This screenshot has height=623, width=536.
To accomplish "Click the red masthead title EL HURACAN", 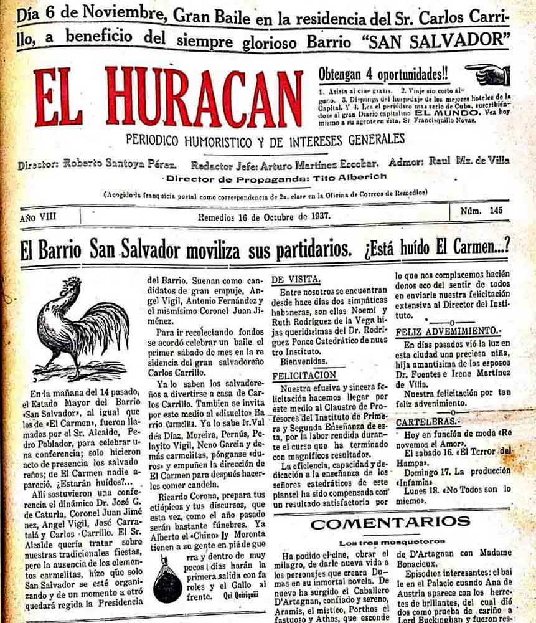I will coord(168,97).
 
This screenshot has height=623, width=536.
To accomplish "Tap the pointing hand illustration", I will coord(488,74).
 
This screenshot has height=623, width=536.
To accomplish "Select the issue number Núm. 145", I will coord(481,211).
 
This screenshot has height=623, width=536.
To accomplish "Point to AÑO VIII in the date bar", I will coord(37,218).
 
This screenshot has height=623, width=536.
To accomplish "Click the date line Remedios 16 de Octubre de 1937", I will coord(264,217).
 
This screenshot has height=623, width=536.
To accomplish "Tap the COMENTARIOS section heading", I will coord(391,523).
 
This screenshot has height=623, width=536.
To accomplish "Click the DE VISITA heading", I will coord(296,278).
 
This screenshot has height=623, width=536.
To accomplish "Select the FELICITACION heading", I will coord(304,376).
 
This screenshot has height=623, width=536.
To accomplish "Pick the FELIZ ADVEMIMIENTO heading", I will coord(447,331).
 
